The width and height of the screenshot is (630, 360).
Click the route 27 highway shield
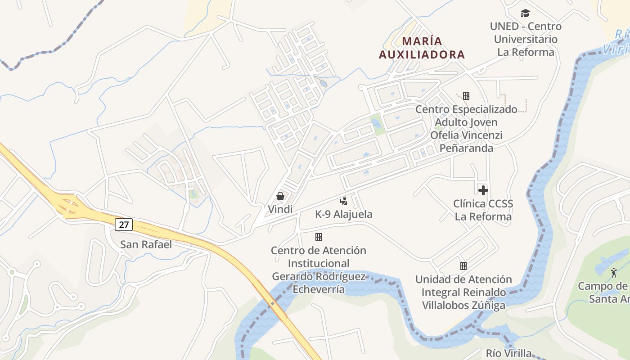pos(123,224)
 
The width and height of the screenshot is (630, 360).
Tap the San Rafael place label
pos(146,244)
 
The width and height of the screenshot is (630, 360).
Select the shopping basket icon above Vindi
pos(280,196)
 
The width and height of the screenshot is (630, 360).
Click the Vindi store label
pos(280,209)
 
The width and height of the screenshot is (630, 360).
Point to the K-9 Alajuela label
pos(344,214)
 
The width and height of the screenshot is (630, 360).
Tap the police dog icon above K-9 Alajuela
pos(344,201)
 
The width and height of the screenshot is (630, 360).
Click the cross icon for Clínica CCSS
pos(483,190)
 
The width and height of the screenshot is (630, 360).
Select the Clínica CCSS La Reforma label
pos(483,210)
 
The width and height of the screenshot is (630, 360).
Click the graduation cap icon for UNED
pos(525,13)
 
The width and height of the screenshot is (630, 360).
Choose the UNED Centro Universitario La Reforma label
pos(526,39)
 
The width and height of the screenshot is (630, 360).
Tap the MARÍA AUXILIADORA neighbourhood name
pos(422,48)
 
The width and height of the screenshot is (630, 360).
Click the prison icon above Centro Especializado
pos(466,95)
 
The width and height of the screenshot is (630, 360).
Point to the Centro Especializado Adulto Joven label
pos(466,129)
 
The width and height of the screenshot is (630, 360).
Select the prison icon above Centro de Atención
pos(319,237)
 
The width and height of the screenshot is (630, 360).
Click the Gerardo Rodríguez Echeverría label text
pos(319,283)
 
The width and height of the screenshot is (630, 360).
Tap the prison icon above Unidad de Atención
pos(463,266)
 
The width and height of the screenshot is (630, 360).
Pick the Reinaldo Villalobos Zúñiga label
pos(463,299)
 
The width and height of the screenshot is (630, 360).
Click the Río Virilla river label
pos(508,353)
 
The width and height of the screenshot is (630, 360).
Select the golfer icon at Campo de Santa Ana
pos(614,272)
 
